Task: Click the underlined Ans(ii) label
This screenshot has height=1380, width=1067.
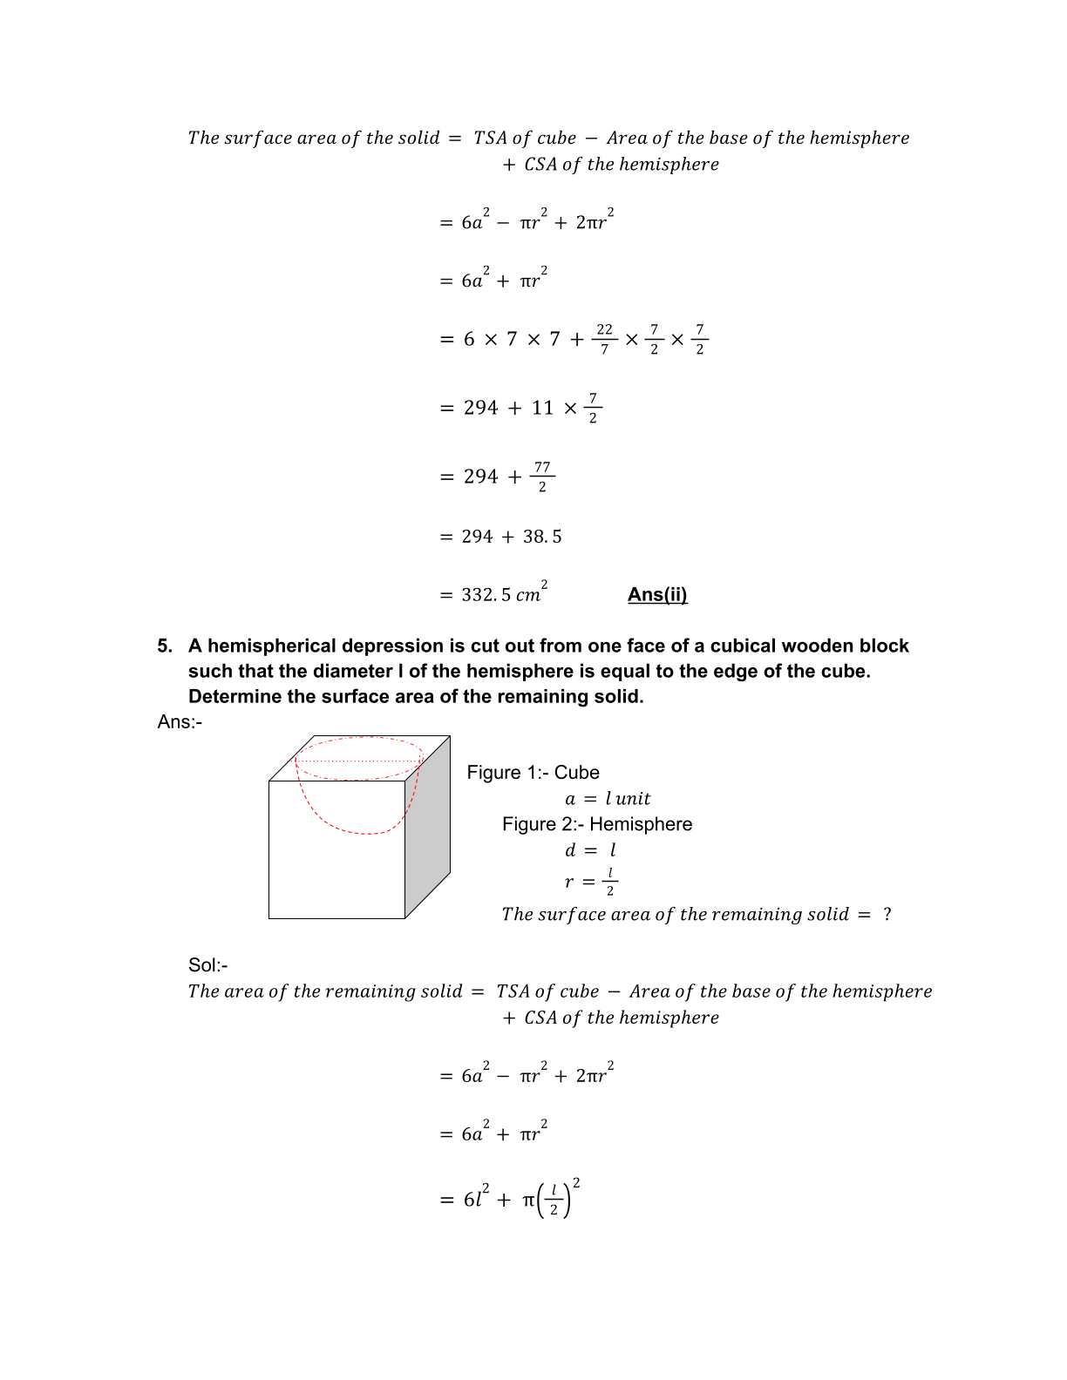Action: tap(657, 595)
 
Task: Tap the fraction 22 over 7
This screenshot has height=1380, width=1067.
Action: tap(604, 339)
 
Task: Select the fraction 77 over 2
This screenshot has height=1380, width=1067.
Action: tap(542, 477)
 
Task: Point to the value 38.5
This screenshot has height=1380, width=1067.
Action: tap(542, 537)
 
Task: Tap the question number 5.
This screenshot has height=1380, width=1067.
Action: tap(165, 646)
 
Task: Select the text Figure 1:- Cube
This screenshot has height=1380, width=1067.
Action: tap(533, 773)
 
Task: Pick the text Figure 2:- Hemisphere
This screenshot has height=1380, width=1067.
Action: tap(596, 824)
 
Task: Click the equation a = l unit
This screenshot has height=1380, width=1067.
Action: tap(608, 799)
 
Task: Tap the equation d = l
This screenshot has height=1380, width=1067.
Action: tap(590, 850)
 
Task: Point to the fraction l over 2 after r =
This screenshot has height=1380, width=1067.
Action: tap(610, 882)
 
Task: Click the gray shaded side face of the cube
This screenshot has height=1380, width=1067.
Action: tap(428, 828)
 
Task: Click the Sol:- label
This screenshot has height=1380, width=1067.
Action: tap(207, 965)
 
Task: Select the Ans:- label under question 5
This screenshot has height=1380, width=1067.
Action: tap(180, 722)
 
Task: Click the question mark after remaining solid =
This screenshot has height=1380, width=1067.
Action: tap(887, 915)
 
